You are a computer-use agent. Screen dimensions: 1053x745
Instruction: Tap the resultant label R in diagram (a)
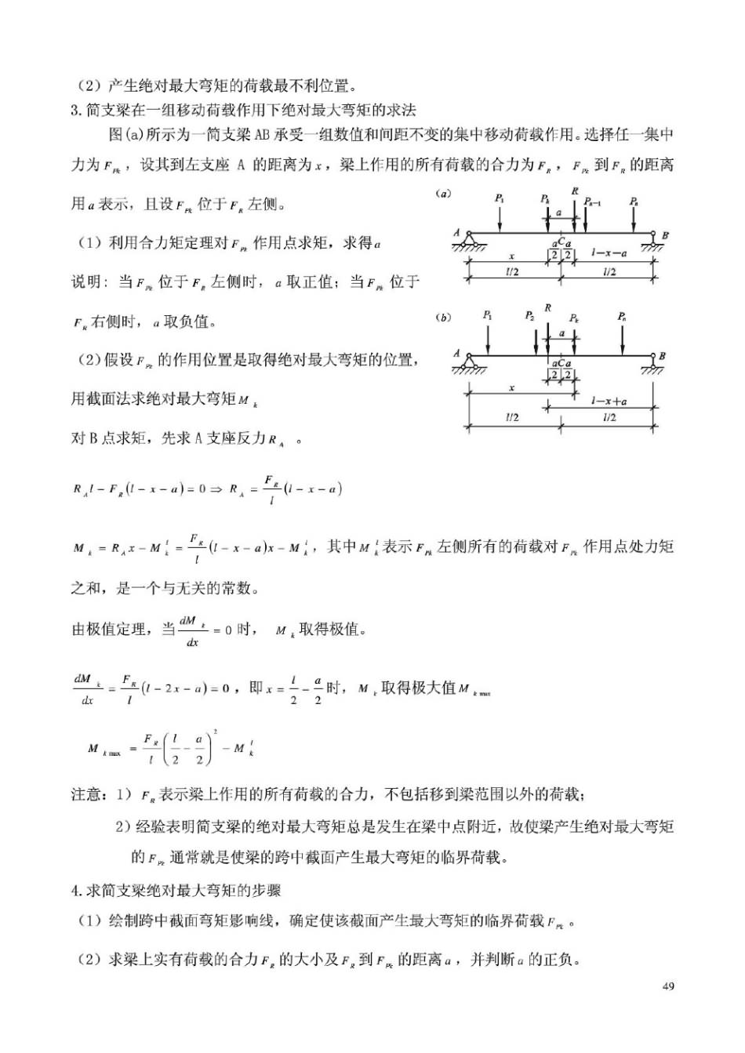575,191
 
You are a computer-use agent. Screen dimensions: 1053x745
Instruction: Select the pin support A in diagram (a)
468,239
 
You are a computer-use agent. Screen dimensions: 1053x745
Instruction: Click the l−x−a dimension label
609,253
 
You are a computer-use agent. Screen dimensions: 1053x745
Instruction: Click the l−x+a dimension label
609,401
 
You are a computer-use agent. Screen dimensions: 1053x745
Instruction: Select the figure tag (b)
443,318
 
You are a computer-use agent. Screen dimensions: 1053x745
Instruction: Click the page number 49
668,986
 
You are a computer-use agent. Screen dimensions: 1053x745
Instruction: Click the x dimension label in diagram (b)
511,388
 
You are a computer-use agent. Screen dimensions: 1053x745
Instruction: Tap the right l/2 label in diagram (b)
609,417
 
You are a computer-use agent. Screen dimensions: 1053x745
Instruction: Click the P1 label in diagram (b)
488,315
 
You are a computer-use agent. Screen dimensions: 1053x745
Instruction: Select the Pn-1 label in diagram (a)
593,202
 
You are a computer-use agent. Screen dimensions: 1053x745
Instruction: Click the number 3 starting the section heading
75,110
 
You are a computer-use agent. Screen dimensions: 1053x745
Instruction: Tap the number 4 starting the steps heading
75,890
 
